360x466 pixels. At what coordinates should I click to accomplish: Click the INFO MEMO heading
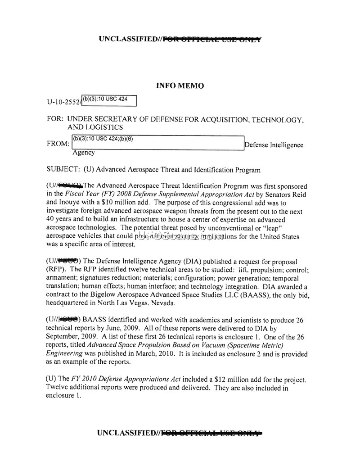click(180, 86)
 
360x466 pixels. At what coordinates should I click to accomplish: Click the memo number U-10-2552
click(62, 102)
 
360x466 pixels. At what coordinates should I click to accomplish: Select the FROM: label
click(58, 145)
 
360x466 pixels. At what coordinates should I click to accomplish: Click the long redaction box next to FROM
click(157, 143)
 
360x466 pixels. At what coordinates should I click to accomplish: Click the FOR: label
click(55, 120)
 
